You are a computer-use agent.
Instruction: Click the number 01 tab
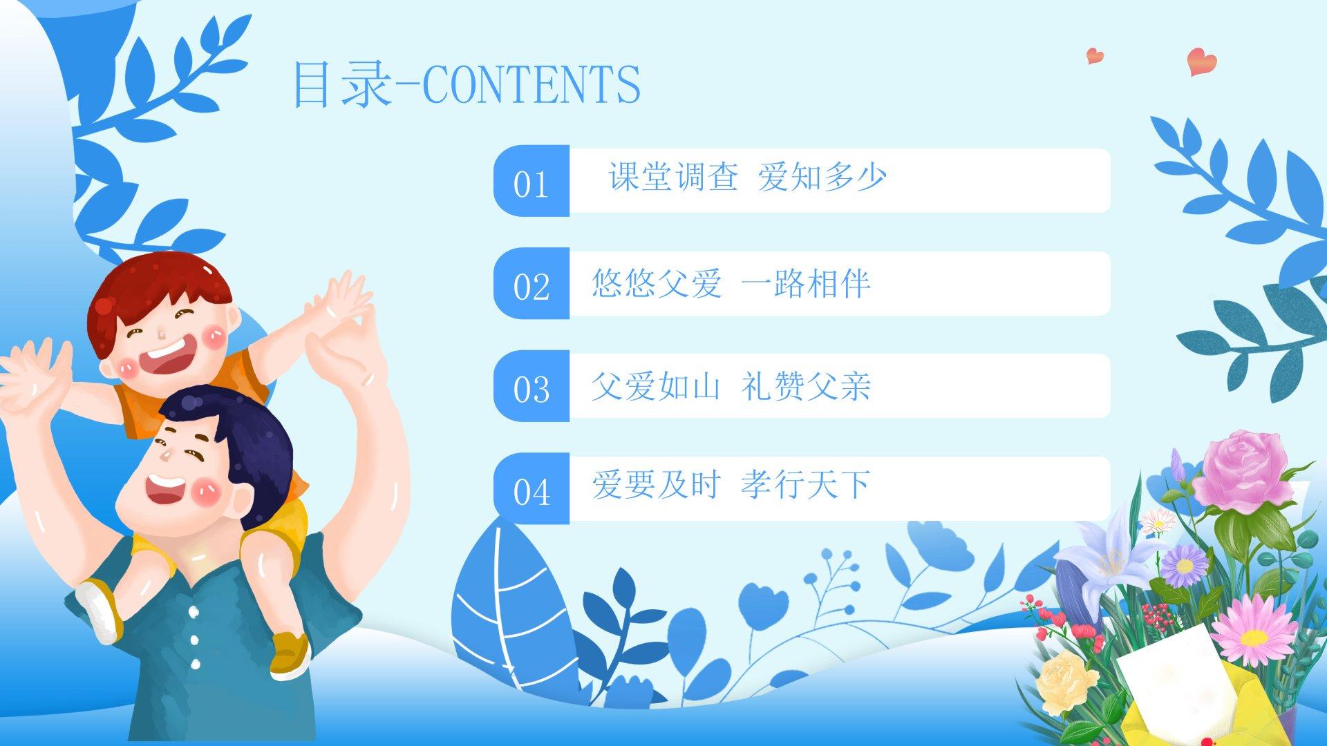[x=531, y=181]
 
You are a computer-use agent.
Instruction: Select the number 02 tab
[x=531, y=283]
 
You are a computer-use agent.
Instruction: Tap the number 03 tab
[x=531, y=386]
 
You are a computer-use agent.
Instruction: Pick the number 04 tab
[x=531, y=488]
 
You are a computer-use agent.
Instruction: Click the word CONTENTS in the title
[x=531, y=84]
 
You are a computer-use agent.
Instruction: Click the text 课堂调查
[x=672, y=177]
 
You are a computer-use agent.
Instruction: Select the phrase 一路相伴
[x=805, y=283]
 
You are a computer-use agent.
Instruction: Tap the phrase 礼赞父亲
[x=805, y=386]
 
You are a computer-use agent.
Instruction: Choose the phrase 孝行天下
[x=805, y=484]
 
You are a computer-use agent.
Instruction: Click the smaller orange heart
[x=1095, y=55]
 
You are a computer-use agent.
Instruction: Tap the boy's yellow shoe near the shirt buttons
[x=289, y=653]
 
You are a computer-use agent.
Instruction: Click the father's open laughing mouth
[x=163, y=488]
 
